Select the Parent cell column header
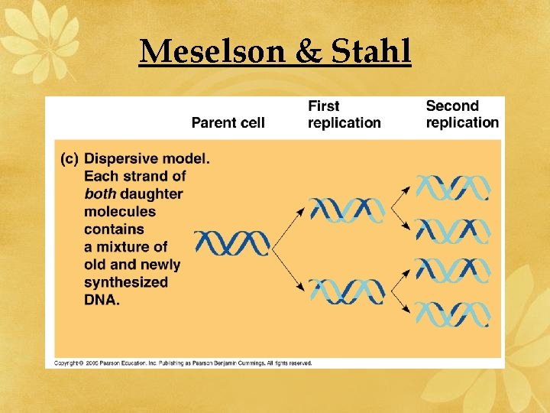click(228, 122)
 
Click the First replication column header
click(344, 115)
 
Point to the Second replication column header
click(462, 115)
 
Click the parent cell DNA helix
click(232, 243)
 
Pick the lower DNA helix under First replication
click(348, 291)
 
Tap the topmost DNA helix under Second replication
click(451, 187)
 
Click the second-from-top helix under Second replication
click(451, 229)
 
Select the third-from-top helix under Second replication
click(451, 271)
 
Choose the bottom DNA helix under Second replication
click(451, 314)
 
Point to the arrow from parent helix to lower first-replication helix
click(290, 268)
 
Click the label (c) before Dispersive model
click(70, 159)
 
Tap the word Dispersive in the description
click(122, 159)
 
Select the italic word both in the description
click(100, 194)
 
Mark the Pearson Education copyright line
click(183, 363)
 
